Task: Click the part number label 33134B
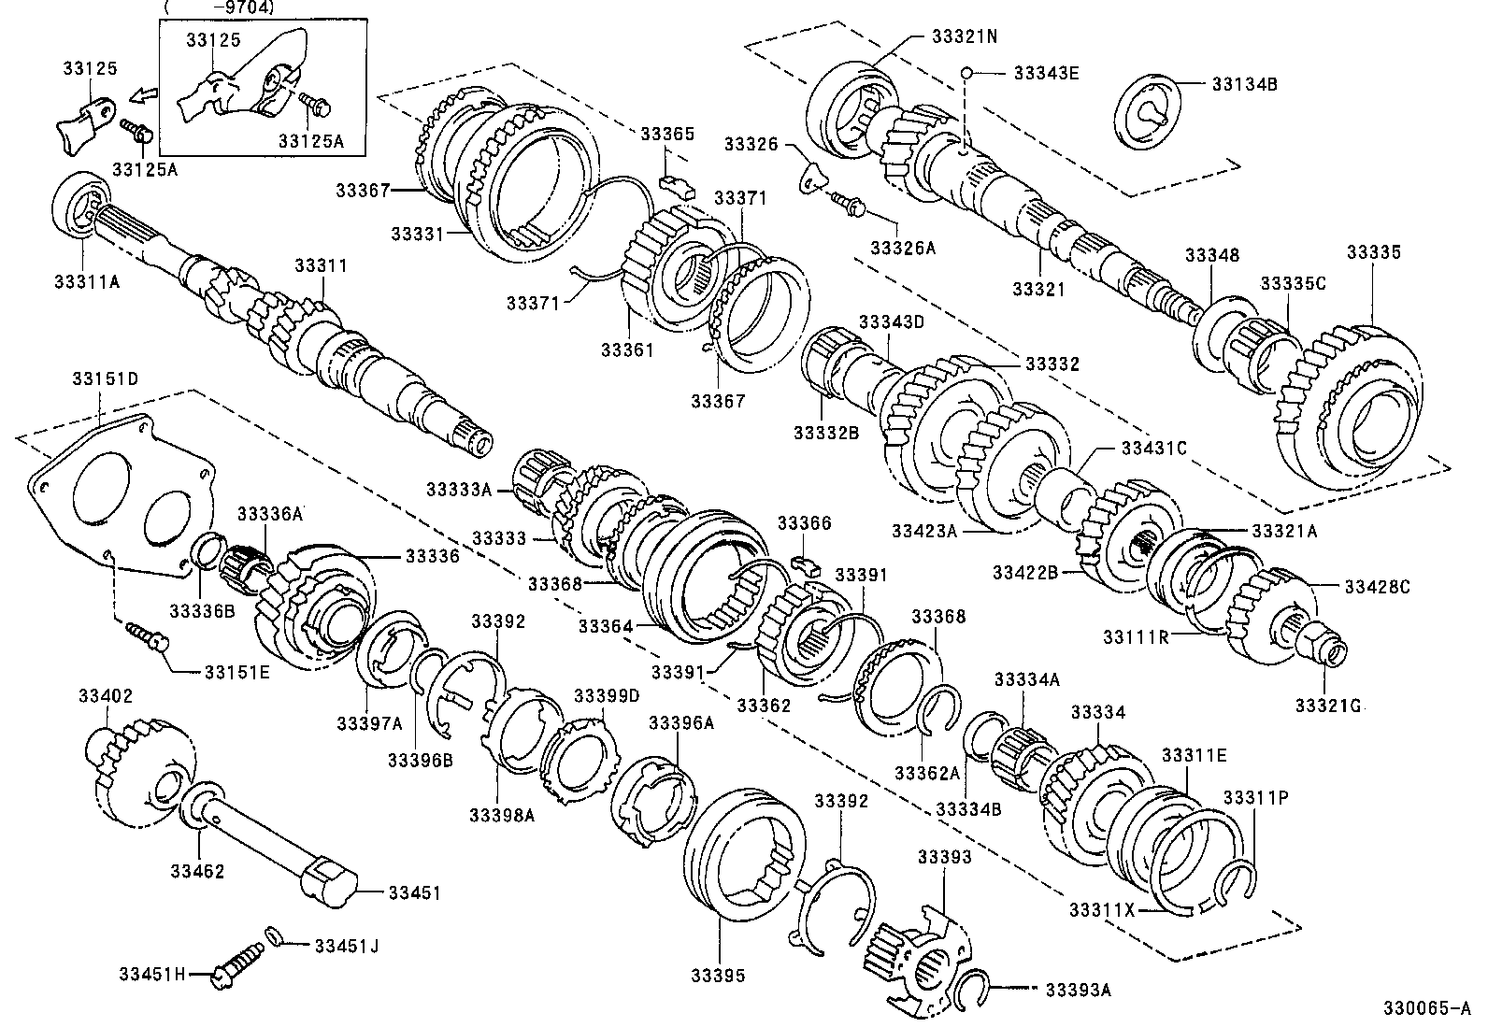1244,83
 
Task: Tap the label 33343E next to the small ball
1046,72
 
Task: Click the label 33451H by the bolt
152,974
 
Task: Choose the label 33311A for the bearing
87,279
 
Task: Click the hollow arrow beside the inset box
143,95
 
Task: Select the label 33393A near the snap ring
1078,990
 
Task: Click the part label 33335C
1293,283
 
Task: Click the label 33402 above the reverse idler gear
106,696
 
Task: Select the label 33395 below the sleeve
718,976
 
